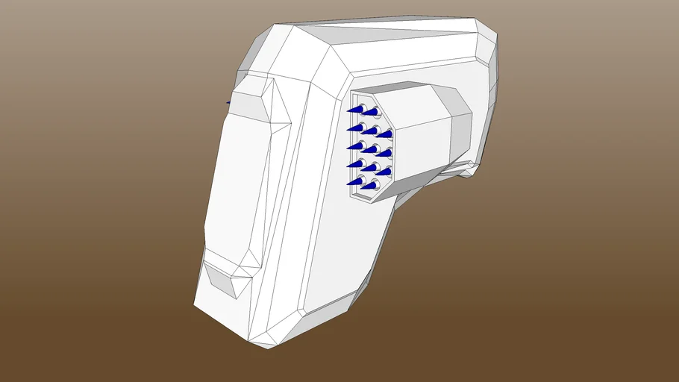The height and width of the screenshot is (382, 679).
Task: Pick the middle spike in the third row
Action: pos(369,148)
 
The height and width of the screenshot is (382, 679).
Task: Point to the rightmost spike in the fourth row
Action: pos(384,171)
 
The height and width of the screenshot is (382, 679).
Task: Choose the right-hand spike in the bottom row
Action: pos(369,184)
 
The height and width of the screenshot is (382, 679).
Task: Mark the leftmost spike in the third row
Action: pos(354,145)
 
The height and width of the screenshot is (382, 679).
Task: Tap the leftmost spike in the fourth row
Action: pos(354,163)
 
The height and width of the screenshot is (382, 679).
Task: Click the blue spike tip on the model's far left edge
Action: pos(228,102)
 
